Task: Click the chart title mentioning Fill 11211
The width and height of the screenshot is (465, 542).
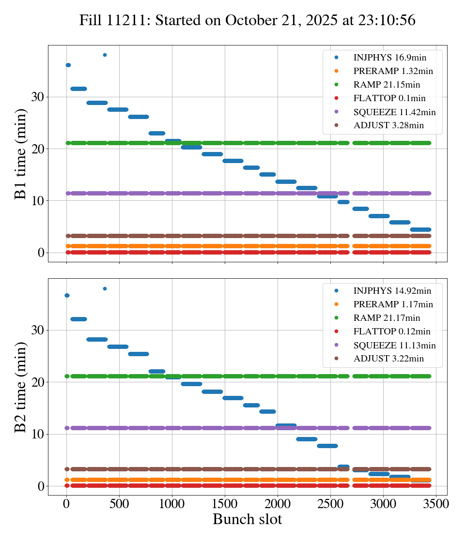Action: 248,20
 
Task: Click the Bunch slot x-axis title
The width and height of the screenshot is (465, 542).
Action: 247,519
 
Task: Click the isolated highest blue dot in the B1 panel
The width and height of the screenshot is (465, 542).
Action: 105,55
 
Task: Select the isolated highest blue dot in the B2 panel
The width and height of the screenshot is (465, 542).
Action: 105,288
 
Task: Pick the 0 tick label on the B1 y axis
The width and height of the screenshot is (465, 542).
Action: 41,253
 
